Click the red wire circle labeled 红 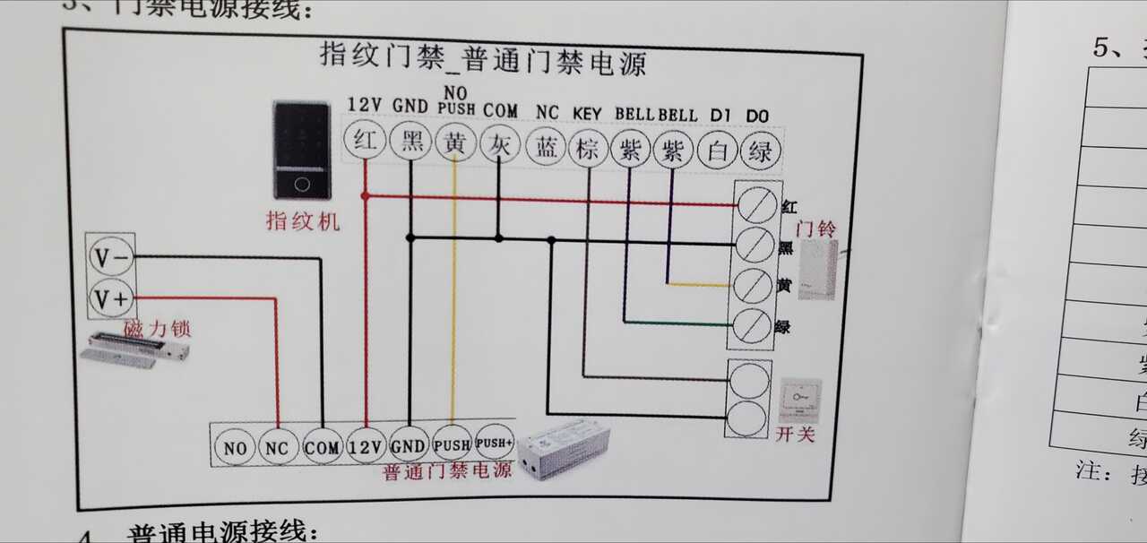coord(365,142)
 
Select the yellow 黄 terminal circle coord(454,144)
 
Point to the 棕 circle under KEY coord(588,149)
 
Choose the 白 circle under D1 coord(717,151)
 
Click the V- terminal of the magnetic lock coord(112,259)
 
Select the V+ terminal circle coord(112,298)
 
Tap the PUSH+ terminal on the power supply coord(494,443)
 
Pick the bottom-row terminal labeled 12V coord(366,445)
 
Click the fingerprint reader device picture coord(303,151)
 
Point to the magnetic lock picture coord(134,349)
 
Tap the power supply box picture coord(567,447)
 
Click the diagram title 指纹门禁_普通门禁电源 coord(483,60)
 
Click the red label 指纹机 coord(303,220)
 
